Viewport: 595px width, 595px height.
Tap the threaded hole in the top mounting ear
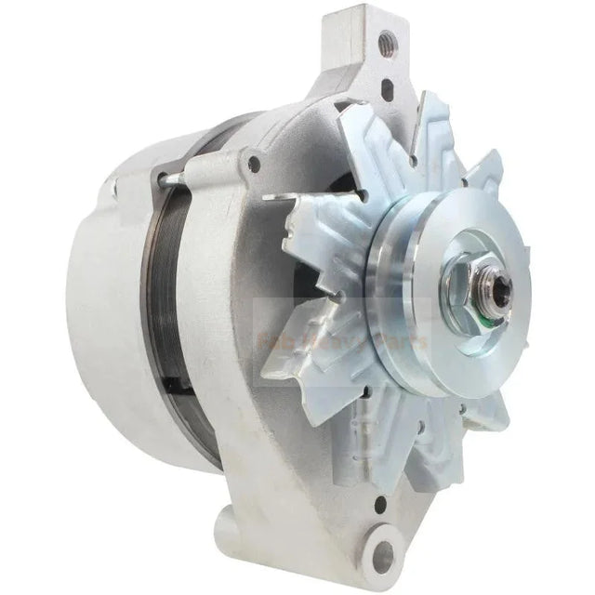point(385,41)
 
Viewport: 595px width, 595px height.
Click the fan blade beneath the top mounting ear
point(390,139)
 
